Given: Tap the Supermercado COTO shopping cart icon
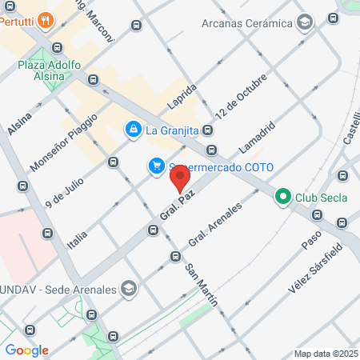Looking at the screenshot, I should (x=157, y=166).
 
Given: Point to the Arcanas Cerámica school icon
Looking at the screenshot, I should (x=303, y=22).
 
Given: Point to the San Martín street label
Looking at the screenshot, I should (x=201, y=281).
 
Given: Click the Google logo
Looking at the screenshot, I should (x=26, y=350).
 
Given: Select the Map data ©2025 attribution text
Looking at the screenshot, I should (x=326, y=354).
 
